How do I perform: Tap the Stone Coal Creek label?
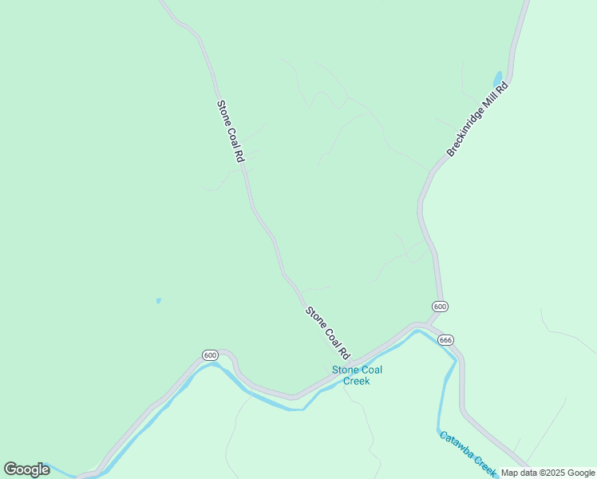point(357,375)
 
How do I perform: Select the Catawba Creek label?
point(468,452)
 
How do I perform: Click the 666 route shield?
point(445,339)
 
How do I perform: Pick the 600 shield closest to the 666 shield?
point(440,307)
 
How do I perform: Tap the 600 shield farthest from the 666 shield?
point(210,355)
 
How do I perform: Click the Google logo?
point(26,469)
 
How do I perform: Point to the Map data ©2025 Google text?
point(548,473)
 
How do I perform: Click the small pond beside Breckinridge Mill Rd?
point(498,78)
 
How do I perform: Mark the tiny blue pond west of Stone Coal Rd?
point(158,301)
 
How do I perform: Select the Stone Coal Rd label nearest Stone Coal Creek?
point(328,332)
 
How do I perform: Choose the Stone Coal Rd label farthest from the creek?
point(230,132)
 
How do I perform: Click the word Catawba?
point(457,445)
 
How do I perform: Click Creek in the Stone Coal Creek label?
point(357,381)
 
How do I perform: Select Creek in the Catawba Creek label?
point(485,464)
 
